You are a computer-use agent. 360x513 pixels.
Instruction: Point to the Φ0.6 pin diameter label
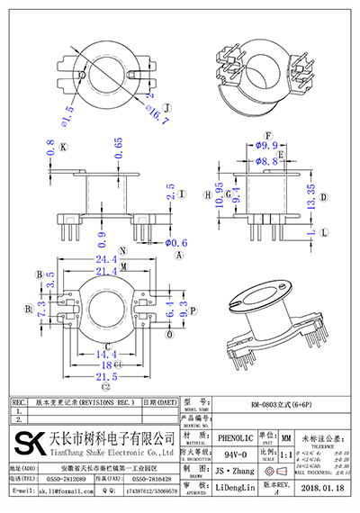coord(173,242)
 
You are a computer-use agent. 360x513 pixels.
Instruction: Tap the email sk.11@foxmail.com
coord(61,493)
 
